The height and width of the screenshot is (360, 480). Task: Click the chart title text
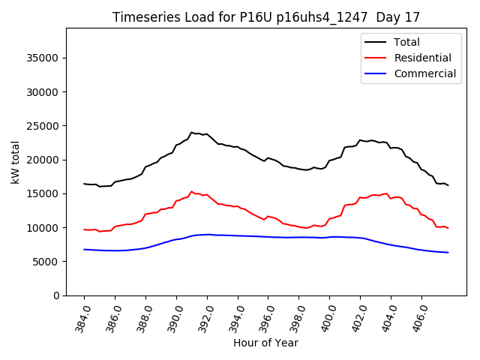click(265, 17)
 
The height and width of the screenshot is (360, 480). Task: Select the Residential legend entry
click(422, 58)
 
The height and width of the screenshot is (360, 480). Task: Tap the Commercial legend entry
click(424, 73)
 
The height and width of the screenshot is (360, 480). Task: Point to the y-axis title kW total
click(15, 162)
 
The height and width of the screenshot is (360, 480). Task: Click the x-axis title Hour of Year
click(265, 343)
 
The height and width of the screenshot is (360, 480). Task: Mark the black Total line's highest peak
click(192, 132)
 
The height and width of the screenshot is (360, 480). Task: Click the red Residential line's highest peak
click(191, 192)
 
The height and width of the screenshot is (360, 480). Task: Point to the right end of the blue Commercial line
click(448, 252)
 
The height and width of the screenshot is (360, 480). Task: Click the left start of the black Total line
click(84, 184)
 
